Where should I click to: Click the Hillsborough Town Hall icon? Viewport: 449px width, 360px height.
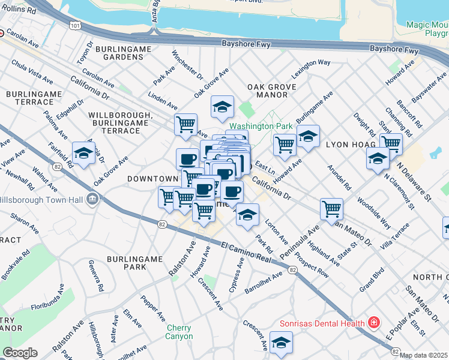[92, 199]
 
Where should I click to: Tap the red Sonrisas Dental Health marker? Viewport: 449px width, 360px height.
[374, 323]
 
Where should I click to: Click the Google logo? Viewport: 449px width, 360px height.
[20, 353]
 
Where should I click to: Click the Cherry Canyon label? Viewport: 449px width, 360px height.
[179, 332]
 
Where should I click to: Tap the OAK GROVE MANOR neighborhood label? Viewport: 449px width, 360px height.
[272, 91]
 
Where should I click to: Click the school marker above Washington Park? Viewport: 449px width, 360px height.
[222, 107]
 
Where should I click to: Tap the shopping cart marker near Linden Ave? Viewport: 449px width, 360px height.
[185, 125]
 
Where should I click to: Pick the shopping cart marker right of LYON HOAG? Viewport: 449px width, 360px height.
[391, 143]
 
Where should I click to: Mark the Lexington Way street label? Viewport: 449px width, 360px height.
[312, 70]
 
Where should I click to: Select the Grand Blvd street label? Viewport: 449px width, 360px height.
[372, 284]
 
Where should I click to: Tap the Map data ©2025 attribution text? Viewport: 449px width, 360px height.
[424, 355]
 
